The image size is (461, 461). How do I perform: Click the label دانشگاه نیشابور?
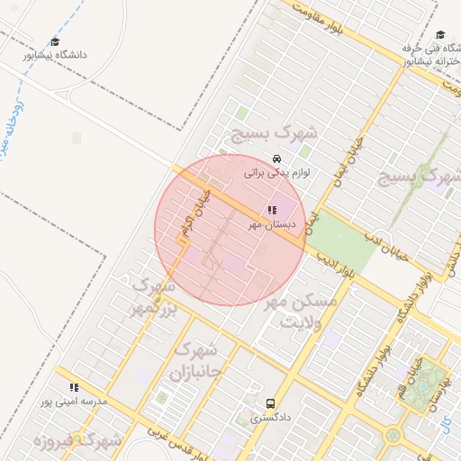[56, 54]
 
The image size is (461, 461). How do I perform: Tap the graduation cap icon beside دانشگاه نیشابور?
[55, 41]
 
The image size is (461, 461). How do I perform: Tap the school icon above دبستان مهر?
[272, 210]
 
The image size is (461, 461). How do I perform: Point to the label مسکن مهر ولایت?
[301, 312]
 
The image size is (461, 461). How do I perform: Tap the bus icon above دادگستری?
[271, 403]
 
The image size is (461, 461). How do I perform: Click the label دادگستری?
[270, 418]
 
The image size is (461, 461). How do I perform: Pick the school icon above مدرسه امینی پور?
[74, 387]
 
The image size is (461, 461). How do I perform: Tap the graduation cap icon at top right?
[438, 34]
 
